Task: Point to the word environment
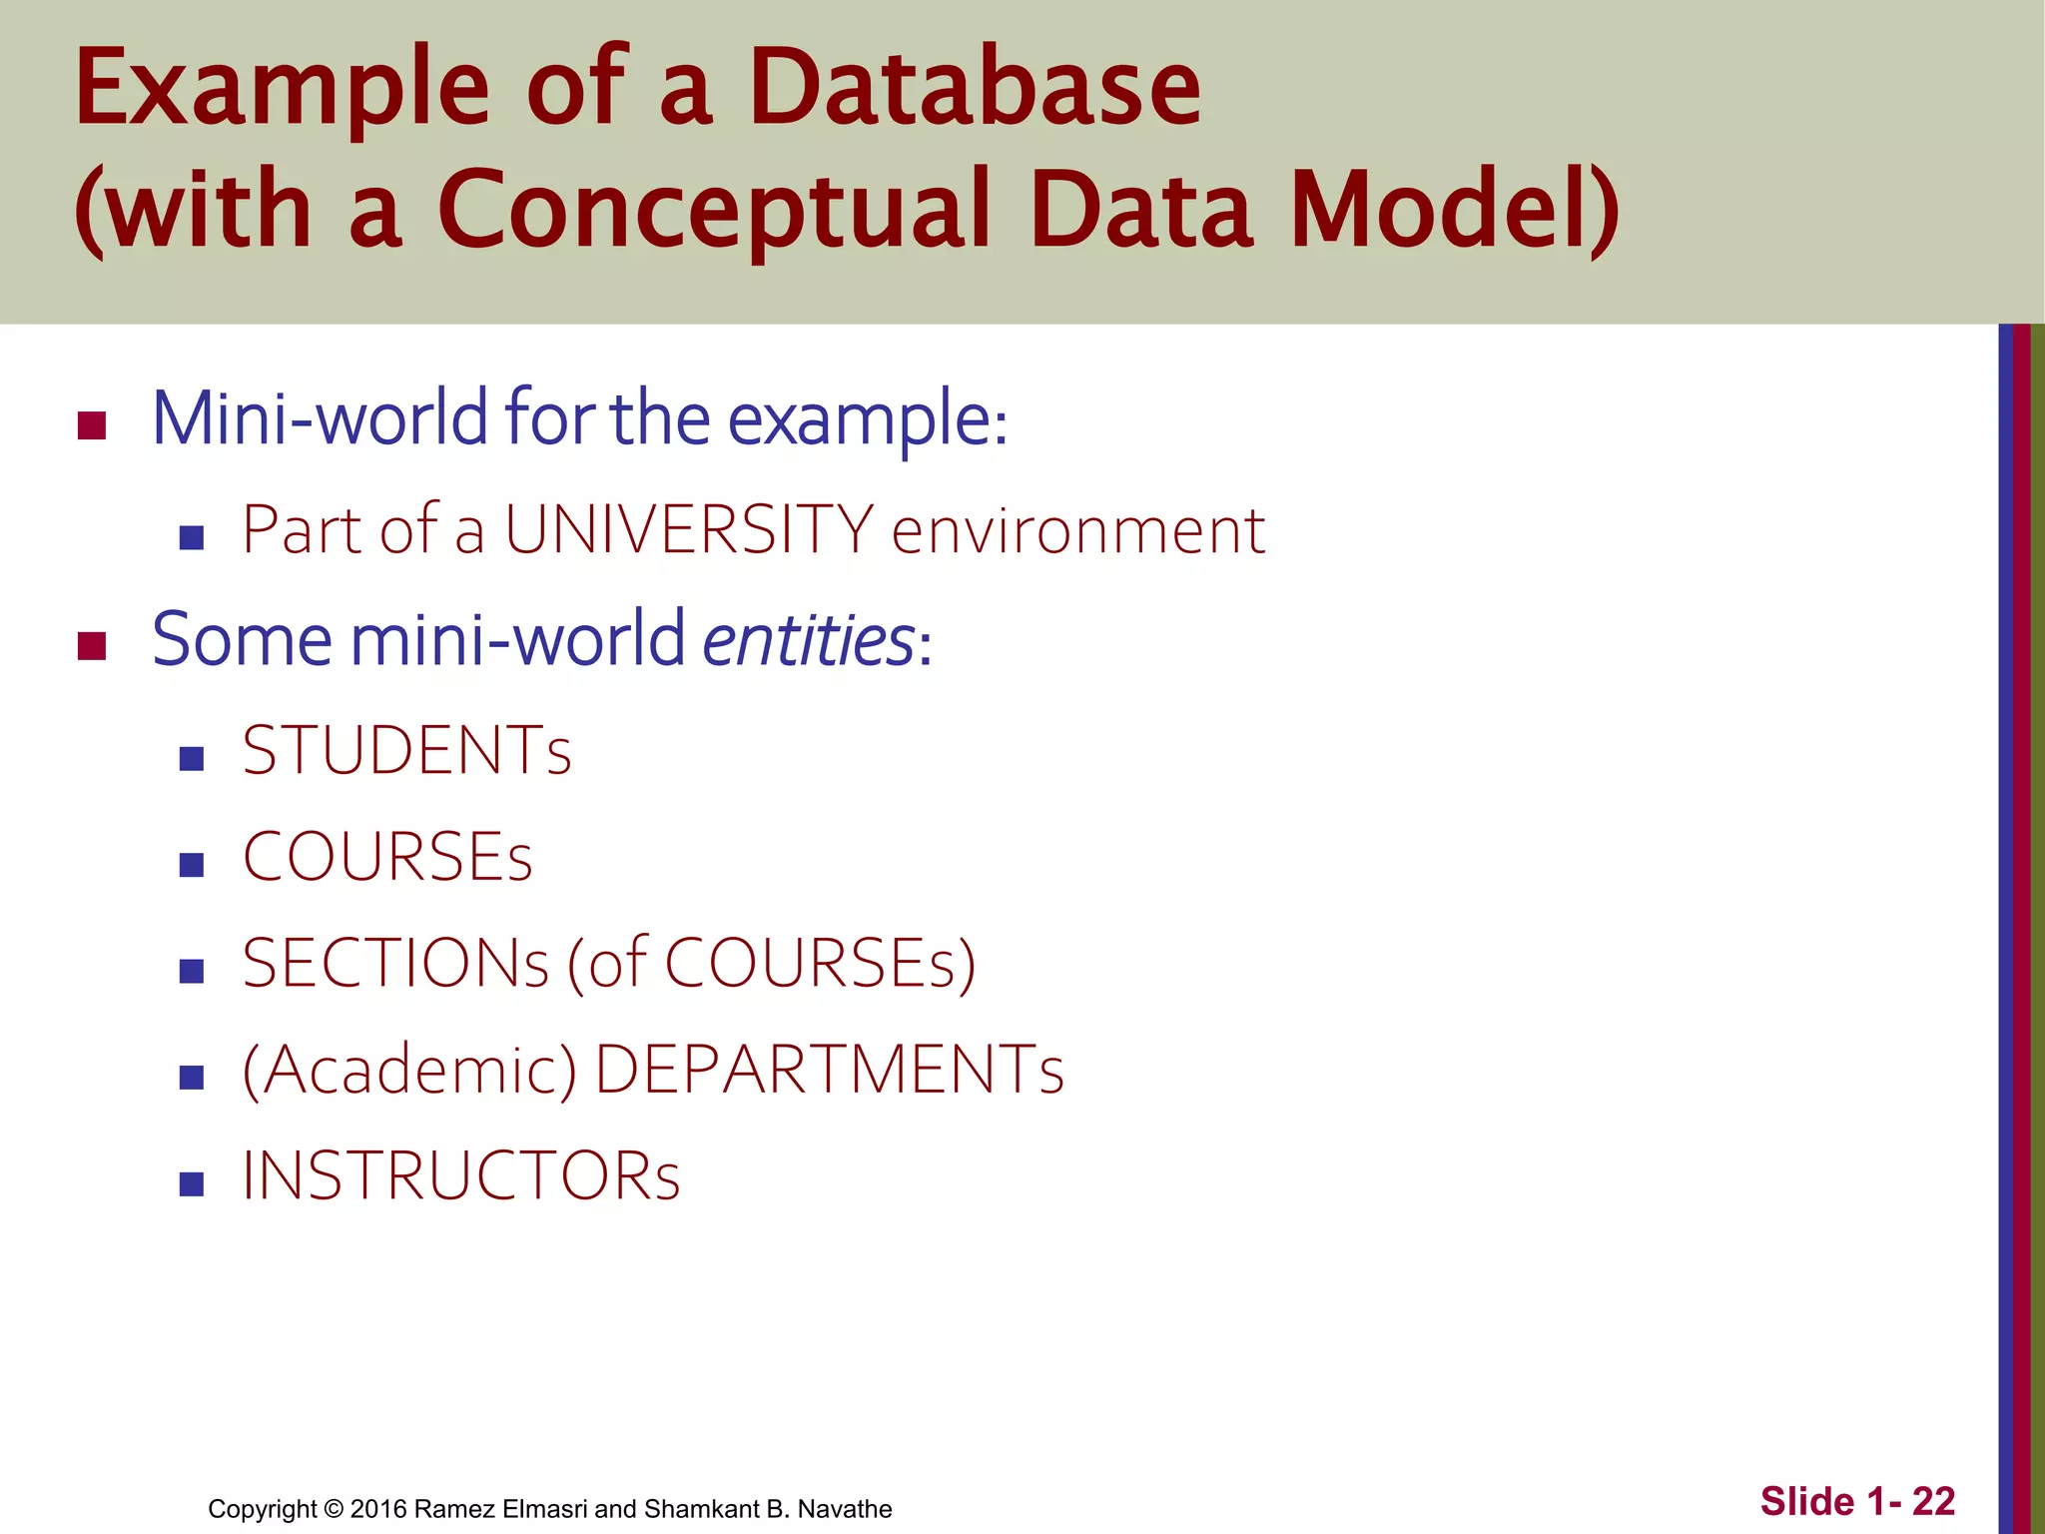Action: (x=1077, y=531)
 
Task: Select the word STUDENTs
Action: (x=406, y=751)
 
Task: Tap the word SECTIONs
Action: (x=395, y=964)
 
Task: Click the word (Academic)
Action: (x=409, y=1071)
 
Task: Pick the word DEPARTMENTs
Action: (x=829, y=1071)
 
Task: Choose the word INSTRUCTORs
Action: (x=460, y=1176)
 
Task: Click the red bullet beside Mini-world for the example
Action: (x=92, y=425)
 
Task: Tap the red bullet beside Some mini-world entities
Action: (x=92, y=646)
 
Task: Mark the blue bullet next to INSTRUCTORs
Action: (x=192, y=1184)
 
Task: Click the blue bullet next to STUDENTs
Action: (x=192, y=759)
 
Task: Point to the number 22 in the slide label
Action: (x=1933, y=1501)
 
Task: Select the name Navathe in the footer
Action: (x=845, y=1509)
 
